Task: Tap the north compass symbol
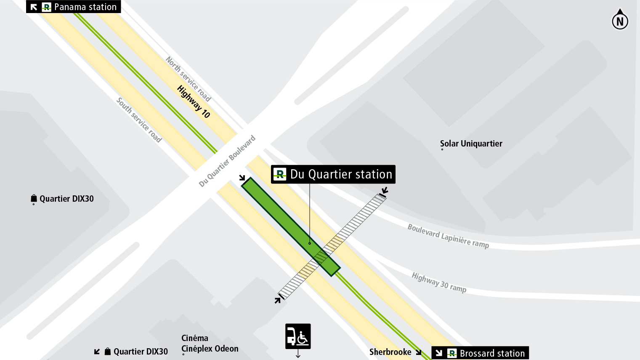pos(620,20)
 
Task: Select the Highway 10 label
pos(194,101)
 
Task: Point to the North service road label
pos(188,79)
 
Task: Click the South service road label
pos(139,120)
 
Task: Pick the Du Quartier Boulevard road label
pos(227,161)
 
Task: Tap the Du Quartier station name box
pos(333,174)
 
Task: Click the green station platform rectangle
pos(290,227)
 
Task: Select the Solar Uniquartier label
pos(471,144)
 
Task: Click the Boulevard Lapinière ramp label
pos(448,236)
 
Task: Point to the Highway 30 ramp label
pos(439,283)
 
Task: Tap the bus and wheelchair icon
pos(298,336)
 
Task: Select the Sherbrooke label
pos(390,352)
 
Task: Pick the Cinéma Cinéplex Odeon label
pos(210,344)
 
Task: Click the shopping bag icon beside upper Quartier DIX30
pos(34,198)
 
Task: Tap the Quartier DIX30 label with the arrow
pos(140,352)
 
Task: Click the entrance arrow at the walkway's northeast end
pos(384,191)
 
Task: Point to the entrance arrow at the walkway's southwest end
pos(278,300)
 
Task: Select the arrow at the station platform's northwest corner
pos(242,178)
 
